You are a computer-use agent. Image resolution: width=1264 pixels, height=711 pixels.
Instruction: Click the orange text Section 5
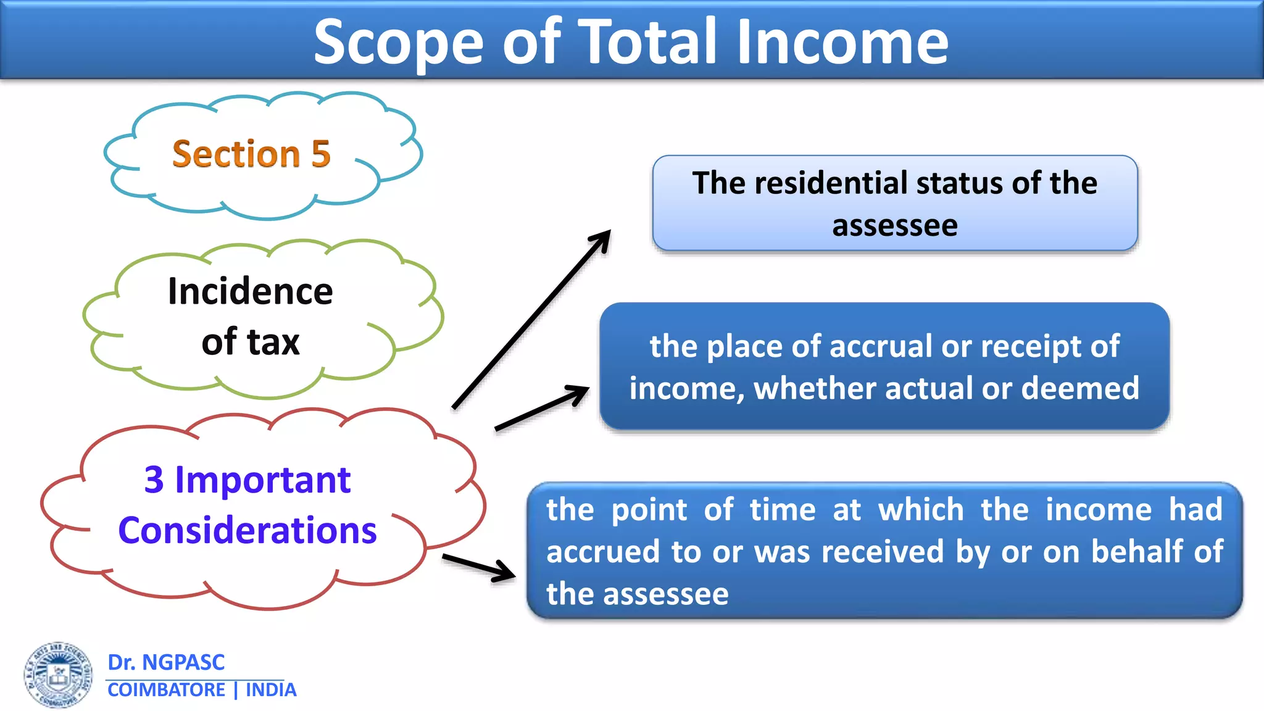coord(251,154)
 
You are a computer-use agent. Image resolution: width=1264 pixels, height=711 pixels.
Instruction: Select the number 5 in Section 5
coord(321,154)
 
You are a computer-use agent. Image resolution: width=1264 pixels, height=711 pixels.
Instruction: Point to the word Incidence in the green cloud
coord(250,291)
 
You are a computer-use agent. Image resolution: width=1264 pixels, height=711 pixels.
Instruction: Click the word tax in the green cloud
coord(273,342)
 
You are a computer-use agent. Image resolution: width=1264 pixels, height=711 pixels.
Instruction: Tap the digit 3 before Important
coord(154,480)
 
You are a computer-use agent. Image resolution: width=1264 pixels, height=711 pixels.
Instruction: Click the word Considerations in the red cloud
coord(247,531)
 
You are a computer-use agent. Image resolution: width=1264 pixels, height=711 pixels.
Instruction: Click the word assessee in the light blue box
coord(894,225)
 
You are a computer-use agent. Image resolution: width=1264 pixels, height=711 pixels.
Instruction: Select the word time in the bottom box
coord(783,510)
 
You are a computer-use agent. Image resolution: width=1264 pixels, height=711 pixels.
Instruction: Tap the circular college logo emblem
coord(59,675)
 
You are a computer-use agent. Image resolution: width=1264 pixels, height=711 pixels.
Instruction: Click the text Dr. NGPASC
coord(166,662)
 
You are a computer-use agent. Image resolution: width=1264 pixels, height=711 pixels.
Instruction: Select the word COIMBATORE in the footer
coord(166,690)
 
